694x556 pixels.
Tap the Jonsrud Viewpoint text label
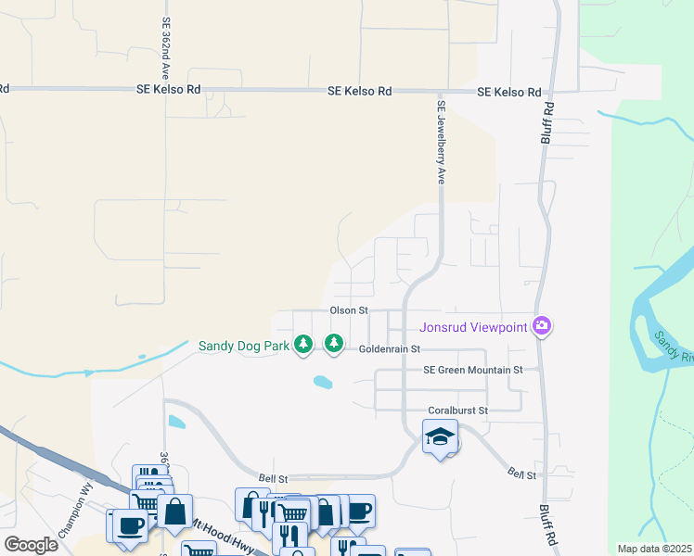click(x=472, y=326)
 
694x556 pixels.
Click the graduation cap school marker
click(x=440, y=437)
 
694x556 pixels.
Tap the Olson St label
click(x=350, y=310)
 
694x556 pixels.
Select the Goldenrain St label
click(x=390, y=349)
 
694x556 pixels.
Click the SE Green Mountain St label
click(x=473, y=369)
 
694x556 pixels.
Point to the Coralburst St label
click(x=457, y=410)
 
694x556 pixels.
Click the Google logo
click(x=31, y=544)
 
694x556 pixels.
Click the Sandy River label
click(x=674, y=347)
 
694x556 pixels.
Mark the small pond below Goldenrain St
click(x=322, y=382)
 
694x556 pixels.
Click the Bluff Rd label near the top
click(x=548, y=121)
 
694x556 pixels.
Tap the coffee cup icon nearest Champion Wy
click(x=129, y=525)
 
